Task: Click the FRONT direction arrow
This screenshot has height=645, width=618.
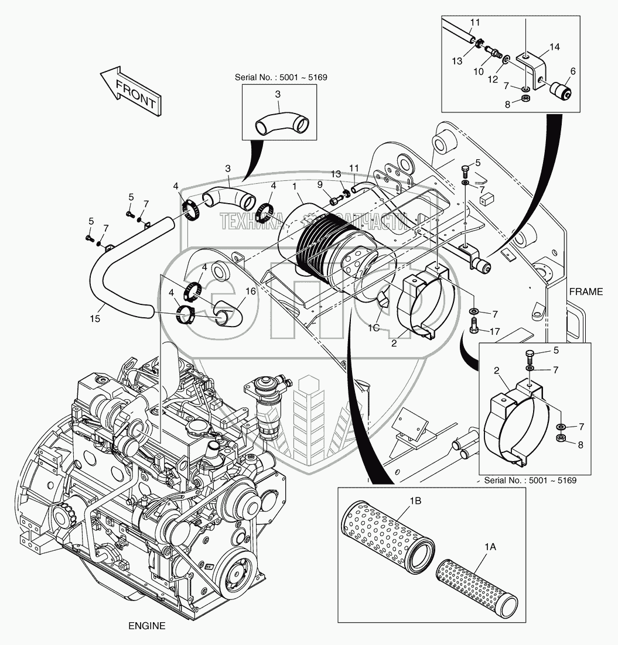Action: pyautogui.click(x=130, y=91)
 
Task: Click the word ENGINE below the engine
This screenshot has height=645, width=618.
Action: pyautogui.click(x=146, y=626)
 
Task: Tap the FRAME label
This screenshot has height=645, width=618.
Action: pyautogui.click(x=585, y=291)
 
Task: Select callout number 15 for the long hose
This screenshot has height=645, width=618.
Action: pyautogui.click(x=95, y=318)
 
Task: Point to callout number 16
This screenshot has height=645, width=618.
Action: pyautogui.click(x=250, y=291)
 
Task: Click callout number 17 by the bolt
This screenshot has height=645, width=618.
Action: pyautogui.click(x=496, y=331)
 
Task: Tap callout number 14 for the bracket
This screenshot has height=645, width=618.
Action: pyautogui.click(x=554, y=46)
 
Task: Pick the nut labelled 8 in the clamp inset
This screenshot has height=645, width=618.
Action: pyautogui.click(x=559, y=438)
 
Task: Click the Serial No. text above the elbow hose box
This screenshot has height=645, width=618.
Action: pyautogui.click(x=272, y=77)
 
